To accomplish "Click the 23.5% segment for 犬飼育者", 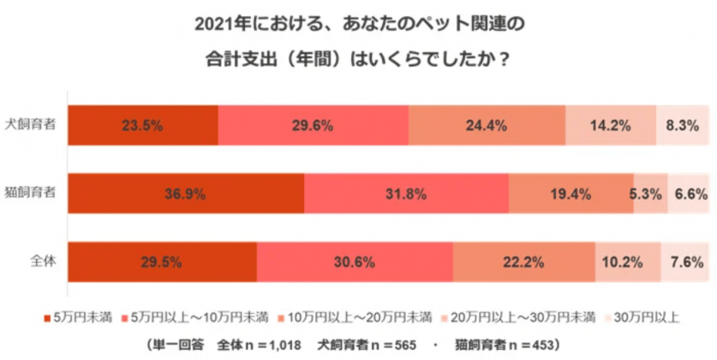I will (x=142, y=126).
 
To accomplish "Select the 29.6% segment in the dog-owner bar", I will (x=313, y=126).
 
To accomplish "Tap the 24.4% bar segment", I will (x=487, y=126).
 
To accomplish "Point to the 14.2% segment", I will (x=610, y=126).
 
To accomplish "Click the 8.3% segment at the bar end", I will (x=683, y=126).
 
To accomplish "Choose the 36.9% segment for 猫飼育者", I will (x=185, y=194).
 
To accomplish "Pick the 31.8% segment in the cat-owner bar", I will (x=406, y=194).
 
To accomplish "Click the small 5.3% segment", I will (x=648, y=194).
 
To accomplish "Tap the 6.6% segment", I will (x=688, y=194).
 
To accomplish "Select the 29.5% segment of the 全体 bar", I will (x=161, y=261).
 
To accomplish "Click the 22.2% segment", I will (x=523, y=261).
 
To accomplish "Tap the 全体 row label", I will (x=43, y=261).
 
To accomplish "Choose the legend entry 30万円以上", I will (x=645, y=317).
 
